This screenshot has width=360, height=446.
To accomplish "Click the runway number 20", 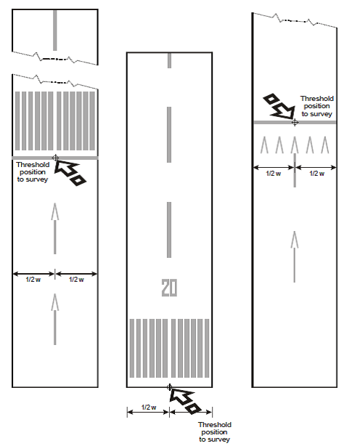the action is point(169,288).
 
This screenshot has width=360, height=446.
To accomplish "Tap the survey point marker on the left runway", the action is point(55,158).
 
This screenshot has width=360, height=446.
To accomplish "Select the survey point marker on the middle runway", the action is point(169,387).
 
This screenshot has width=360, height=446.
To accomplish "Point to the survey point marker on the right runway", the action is point(295,122).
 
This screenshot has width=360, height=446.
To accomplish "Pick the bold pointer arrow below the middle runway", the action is point(185,400).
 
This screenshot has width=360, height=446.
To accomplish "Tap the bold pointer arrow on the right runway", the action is point(279,106).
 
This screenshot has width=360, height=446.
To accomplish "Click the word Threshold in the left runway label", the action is point(33,165).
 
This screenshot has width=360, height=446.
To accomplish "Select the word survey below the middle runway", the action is point(218,439).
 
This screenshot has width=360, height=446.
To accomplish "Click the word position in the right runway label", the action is point(316,106).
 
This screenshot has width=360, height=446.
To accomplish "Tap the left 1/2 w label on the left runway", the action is point(33,280).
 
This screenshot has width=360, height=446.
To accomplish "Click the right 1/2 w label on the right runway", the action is point(316,174).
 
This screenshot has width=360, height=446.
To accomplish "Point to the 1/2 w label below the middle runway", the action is point(149,408).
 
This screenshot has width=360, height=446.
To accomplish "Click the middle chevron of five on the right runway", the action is point(295,145).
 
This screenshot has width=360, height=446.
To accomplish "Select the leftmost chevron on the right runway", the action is point(264,145).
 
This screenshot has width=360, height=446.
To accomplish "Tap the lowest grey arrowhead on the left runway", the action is point(55,302).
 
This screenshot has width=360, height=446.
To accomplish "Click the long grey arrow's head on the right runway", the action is point(295,240).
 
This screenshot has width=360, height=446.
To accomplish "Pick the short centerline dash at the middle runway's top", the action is point(169,60).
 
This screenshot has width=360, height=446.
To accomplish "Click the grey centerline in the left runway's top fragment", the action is point(55,31).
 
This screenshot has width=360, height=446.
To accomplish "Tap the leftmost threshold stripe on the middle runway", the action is point(132,348).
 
